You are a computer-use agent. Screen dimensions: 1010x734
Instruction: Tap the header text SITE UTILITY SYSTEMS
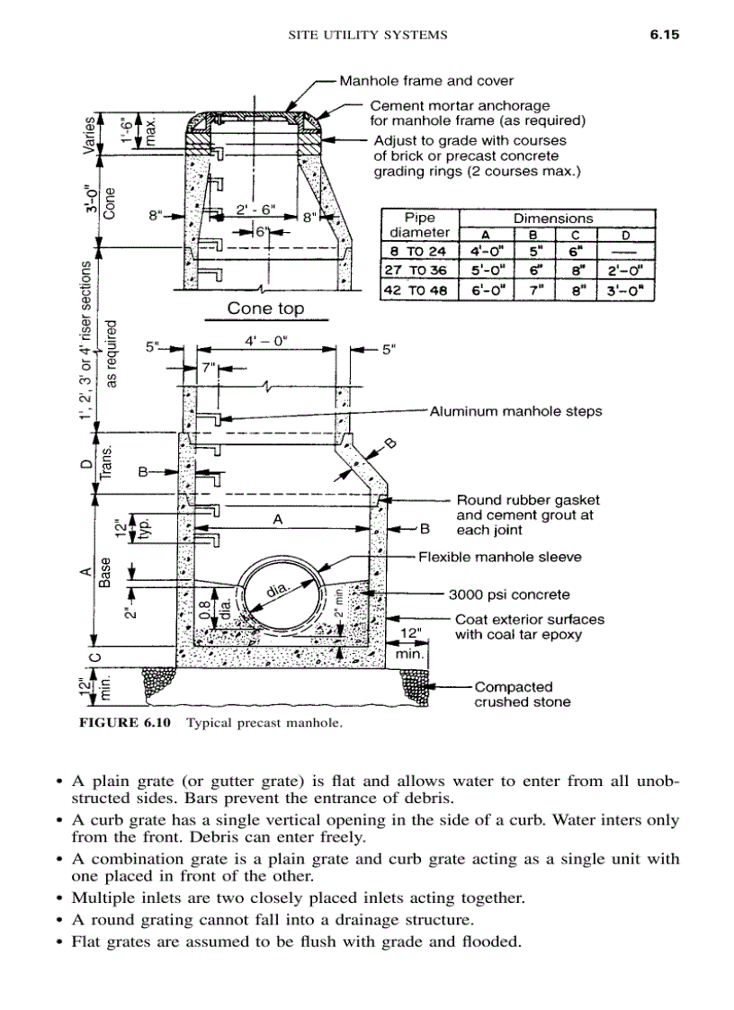coord(367,36)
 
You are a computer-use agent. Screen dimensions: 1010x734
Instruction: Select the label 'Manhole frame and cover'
coord(419,81)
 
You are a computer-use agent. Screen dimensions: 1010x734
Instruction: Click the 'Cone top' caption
coord(265,308)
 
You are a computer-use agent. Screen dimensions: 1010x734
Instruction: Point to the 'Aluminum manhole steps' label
coord(516,412)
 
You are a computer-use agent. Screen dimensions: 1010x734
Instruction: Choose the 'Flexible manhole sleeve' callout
coord(500,558)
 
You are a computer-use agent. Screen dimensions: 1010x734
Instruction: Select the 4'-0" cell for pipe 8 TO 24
coord(486,251)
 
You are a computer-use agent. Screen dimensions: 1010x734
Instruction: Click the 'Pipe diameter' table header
coord(419,225)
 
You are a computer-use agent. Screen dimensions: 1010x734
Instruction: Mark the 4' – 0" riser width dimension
coord(266,343)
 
